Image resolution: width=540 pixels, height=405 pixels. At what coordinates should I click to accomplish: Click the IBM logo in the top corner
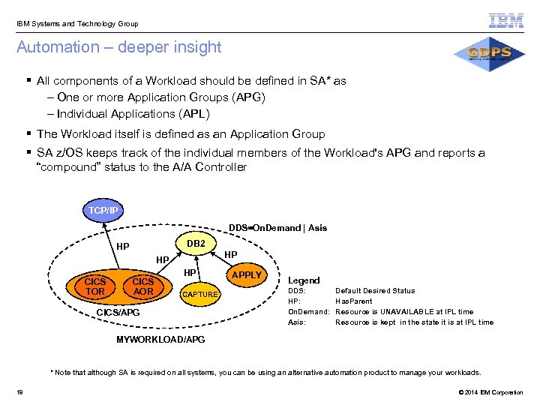(506, 21)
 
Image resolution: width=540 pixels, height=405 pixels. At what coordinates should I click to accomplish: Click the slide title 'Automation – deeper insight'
(119, 47)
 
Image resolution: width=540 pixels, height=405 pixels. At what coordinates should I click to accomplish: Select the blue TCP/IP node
(104, 211)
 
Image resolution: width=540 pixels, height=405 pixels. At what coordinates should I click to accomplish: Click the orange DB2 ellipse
(196, 244)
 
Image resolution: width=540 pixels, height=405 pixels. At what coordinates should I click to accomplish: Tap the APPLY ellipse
(246, 274)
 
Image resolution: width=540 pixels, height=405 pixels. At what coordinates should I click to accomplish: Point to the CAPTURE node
(200, 295)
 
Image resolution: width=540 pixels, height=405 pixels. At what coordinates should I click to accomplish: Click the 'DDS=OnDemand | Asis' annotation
(277, 228)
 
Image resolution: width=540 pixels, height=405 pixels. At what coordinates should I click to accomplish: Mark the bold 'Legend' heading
(304, 280)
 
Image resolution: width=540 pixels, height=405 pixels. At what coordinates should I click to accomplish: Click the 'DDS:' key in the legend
(297, 291)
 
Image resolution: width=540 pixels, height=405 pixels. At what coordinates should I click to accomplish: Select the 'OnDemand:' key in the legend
(309, 312)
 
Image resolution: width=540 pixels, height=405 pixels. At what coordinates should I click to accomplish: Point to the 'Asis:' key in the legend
(298, 322)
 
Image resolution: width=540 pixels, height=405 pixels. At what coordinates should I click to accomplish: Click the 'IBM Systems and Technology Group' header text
(77, 24)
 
